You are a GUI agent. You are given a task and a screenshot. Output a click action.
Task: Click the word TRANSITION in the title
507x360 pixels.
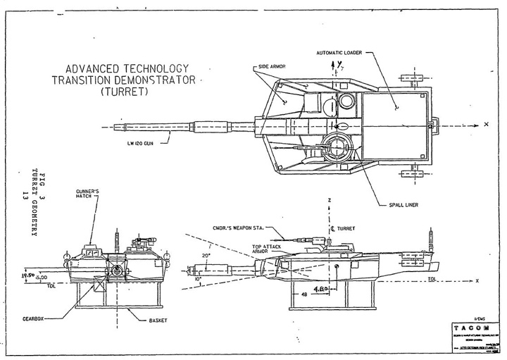[x=87, y=80]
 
